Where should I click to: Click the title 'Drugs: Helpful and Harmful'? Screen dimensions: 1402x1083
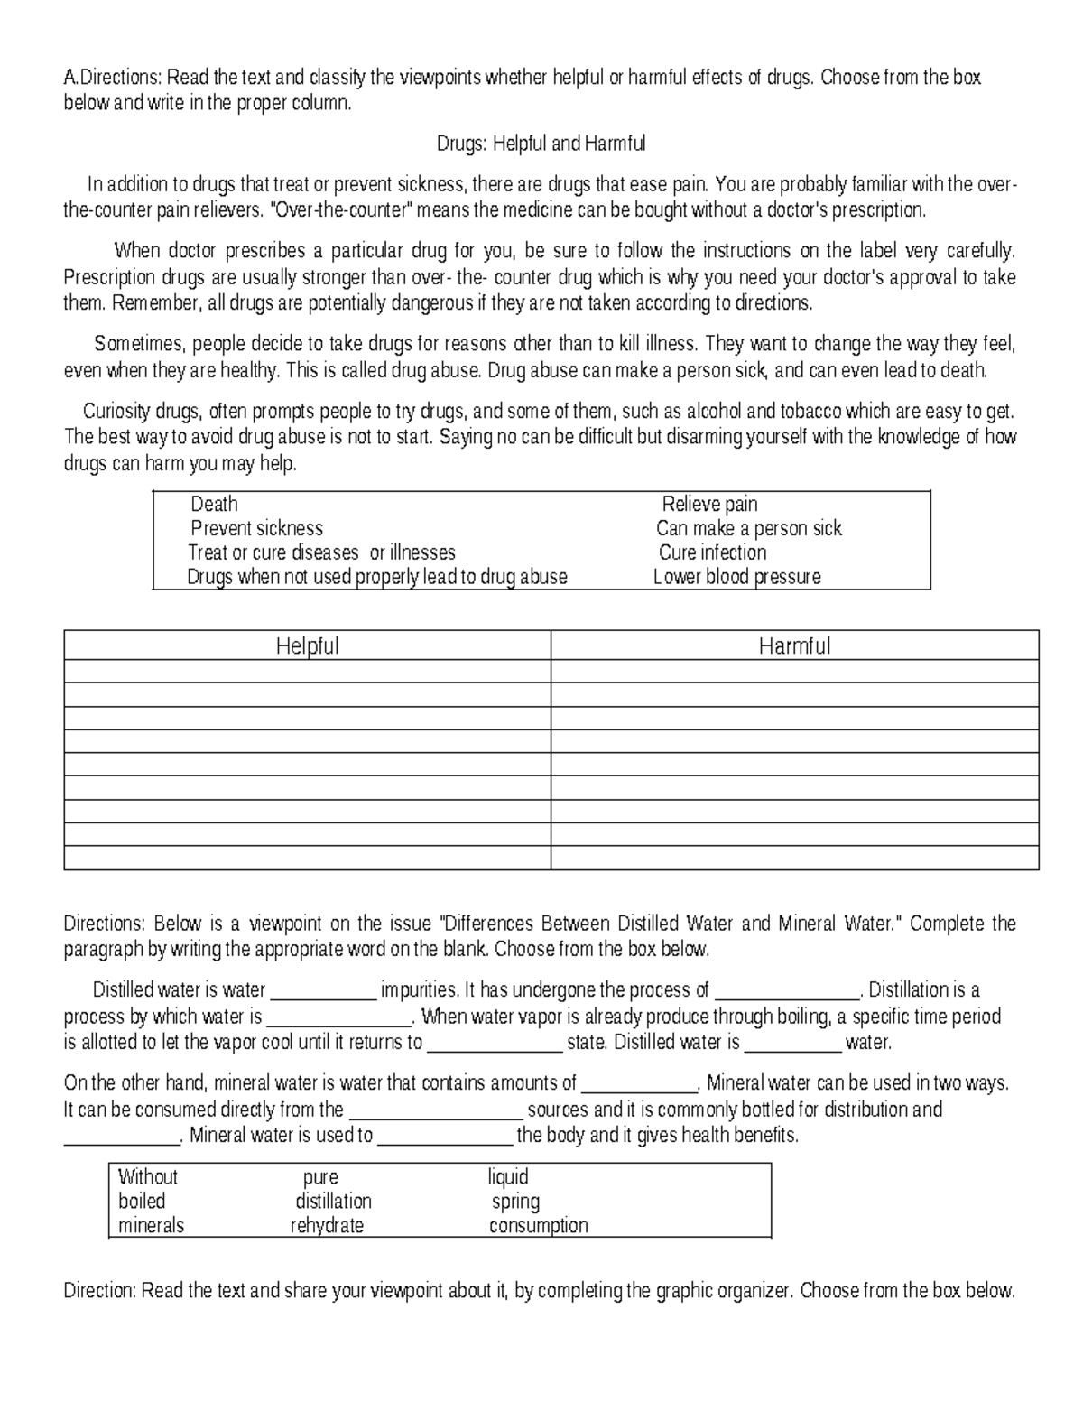click(541, 144)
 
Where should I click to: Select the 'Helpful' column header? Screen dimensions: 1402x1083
click(307, 645)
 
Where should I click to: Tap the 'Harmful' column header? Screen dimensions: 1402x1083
click(794, 645)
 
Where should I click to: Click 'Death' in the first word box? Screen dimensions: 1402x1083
click(214, 504)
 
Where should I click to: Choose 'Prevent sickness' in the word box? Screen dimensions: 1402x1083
click(256, 528)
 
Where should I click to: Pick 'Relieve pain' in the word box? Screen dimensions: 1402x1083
click(709, 504)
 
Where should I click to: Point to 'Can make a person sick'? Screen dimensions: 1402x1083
click(748, 528)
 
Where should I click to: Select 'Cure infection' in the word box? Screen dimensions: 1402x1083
click(712, 552)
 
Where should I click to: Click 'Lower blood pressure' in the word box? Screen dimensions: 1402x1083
click(736, 577)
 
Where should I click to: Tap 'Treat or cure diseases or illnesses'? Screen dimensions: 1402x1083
click(321, 552)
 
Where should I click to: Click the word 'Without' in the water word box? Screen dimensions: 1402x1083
click(148, 1177)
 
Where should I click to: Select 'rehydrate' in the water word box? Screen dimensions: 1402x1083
click(327, 1226)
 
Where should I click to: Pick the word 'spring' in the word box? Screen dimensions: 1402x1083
click(515, 1202)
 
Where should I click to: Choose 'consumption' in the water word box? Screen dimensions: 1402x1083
click(538, 1226)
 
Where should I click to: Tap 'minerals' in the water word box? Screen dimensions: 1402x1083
click(151, 1226)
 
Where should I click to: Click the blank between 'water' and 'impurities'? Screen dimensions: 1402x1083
click(323, 991)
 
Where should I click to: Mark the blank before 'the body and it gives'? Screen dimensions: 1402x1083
click(444, 1136)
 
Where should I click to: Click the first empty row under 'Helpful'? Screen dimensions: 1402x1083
click(307, 672)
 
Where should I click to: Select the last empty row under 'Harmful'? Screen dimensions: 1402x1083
click(794, 858)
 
